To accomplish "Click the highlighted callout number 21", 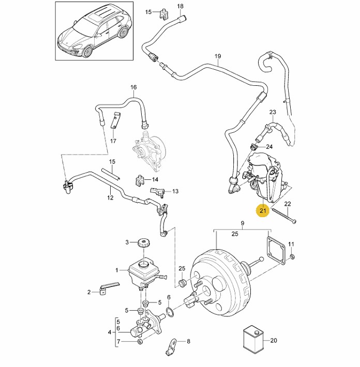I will coord(263,210).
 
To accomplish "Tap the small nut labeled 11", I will coord(292,257).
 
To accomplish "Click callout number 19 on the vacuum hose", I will coord(217,56).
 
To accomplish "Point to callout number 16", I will coord(133,87).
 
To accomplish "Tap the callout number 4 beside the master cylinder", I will coord(109,331).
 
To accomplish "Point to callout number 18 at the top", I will coord(180,6).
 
